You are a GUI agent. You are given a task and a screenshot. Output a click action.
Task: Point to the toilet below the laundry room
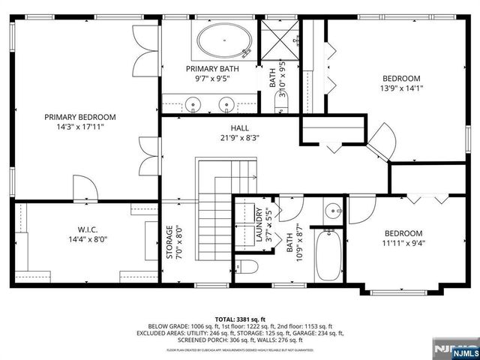248,268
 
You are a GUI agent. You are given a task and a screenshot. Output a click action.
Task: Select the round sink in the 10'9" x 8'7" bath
334,211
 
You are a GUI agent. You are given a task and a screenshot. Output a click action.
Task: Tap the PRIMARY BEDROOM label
79,117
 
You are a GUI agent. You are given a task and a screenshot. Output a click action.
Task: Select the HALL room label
239,127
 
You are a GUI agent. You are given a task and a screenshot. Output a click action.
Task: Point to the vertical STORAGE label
170,241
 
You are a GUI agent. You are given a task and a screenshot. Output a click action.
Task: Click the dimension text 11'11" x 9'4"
403,243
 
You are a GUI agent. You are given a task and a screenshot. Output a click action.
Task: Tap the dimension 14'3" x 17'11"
79,127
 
